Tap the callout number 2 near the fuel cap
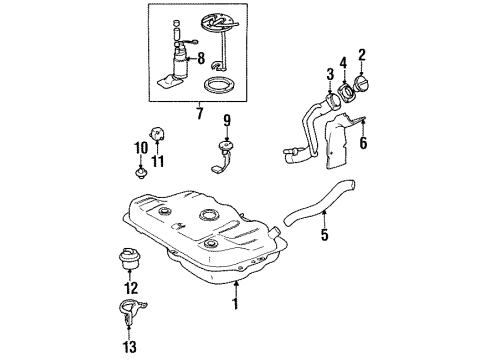pyautogui.click(x=363, y=56)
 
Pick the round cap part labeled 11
pyautogui.click(x=157, y=131)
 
